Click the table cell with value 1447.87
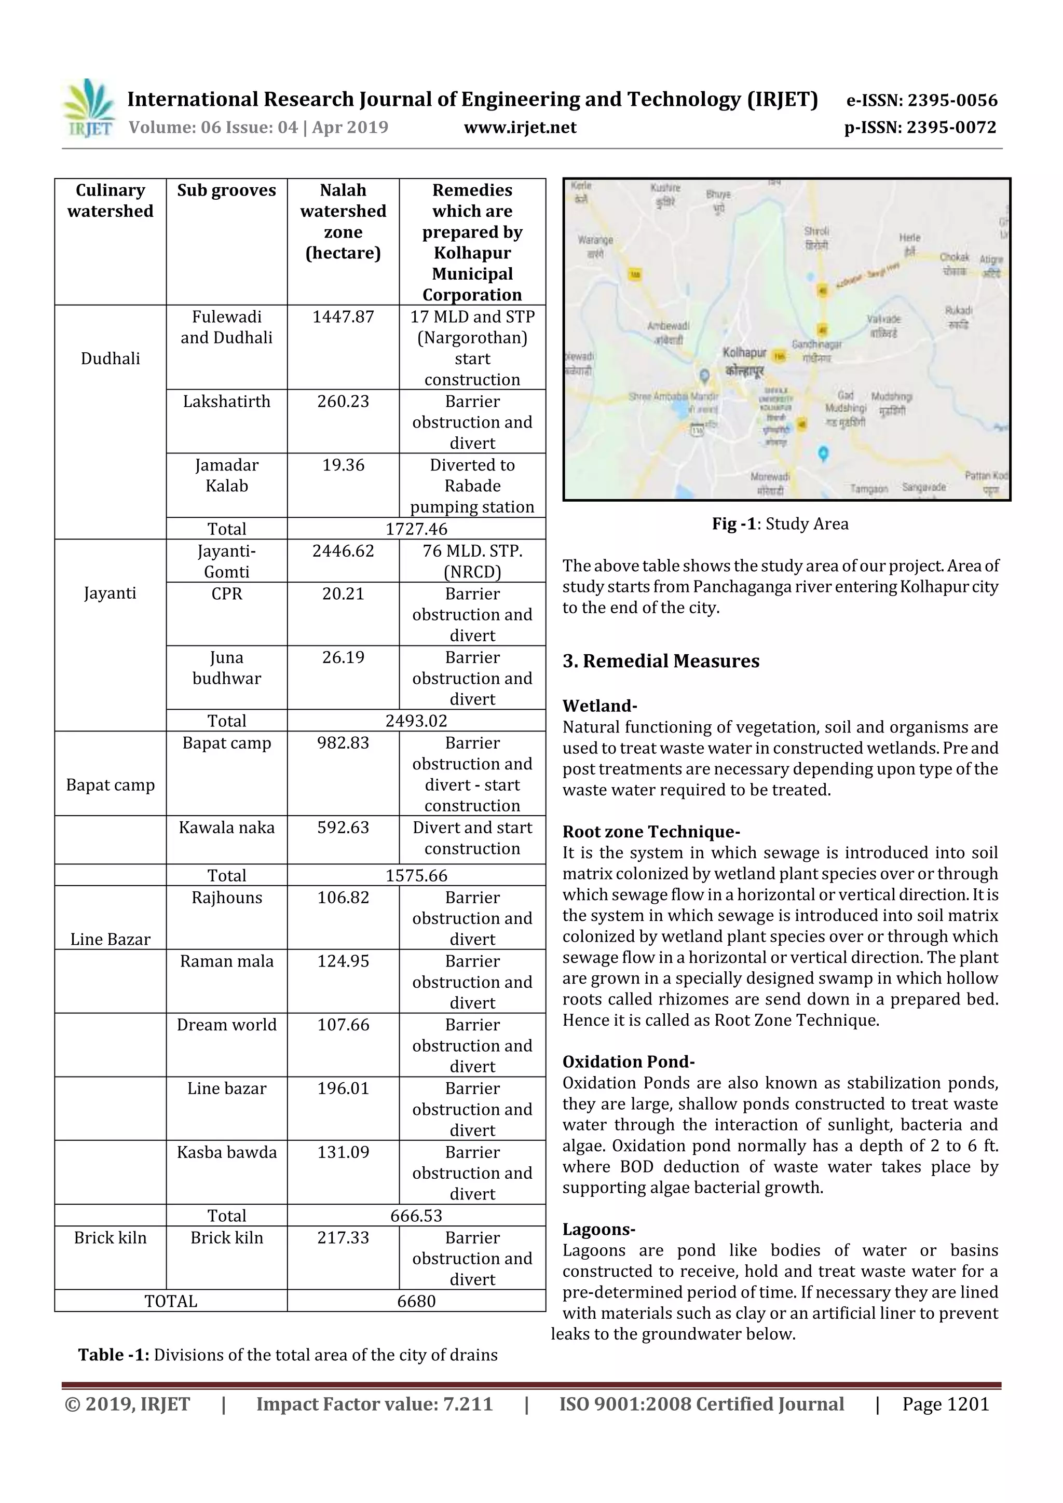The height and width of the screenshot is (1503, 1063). [x=343, y=317]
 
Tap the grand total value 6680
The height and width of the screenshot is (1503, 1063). [x=416, y=1301]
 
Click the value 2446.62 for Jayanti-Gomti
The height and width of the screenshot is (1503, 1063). [x=343, y=550]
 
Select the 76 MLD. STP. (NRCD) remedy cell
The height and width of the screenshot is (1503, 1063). [x=472, y=561]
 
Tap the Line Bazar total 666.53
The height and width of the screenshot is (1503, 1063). [x=416, y=1216]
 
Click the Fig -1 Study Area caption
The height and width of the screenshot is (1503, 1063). [x=780, y=523]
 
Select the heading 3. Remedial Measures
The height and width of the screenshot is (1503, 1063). [x=660, y=661]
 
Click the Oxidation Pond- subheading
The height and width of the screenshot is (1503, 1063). [x=628, y=1062]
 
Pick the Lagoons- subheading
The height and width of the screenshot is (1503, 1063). [x=598, y=1230]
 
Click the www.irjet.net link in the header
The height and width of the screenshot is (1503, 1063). [x=520, y=127]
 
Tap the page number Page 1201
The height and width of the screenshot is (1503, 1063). [x=945, y=1404]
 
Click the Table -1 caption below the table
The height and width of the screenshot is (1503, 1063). [x=288, y=1355]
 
